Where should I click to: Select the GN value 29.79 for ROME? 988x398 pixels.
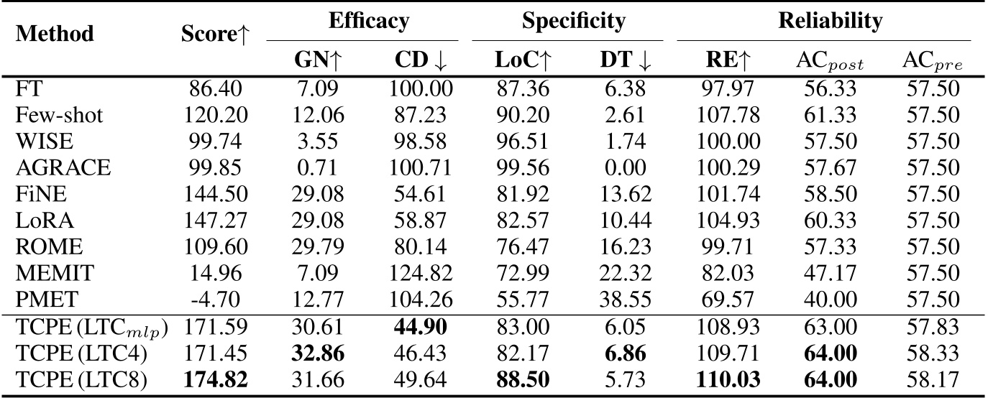pyautogui.click(x=316, y=246)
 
